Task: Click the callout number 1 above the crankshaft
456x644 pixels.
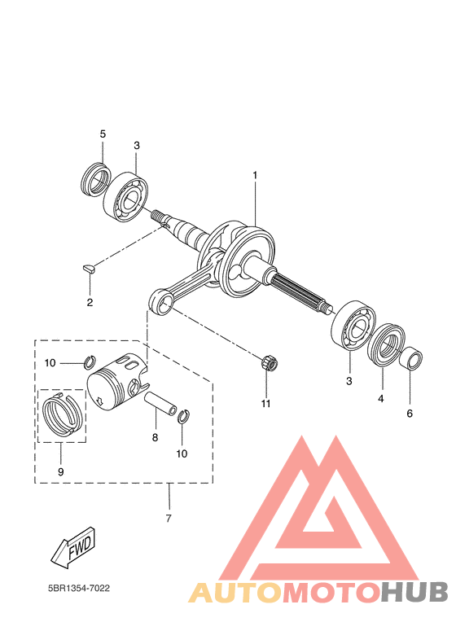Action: point(254,175)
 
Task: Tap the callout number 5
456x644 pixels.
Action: point(103,134)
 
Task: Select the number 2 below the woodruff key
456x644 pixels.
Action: point(90,302)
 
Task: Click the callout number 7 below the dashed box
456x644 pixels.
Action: point(169,519)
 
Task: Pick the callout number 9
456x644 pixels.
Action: point(60,471)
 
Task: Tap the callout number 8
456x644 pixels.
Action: point(156,437)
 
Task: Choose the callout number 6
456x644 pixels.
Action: point(410,414)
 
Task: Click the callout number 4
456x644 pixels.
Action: point(380,399)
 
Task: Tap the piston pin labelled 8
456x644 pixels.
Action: point(161,404)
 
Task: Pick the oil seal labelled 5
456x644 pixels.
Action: point(97,179)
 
